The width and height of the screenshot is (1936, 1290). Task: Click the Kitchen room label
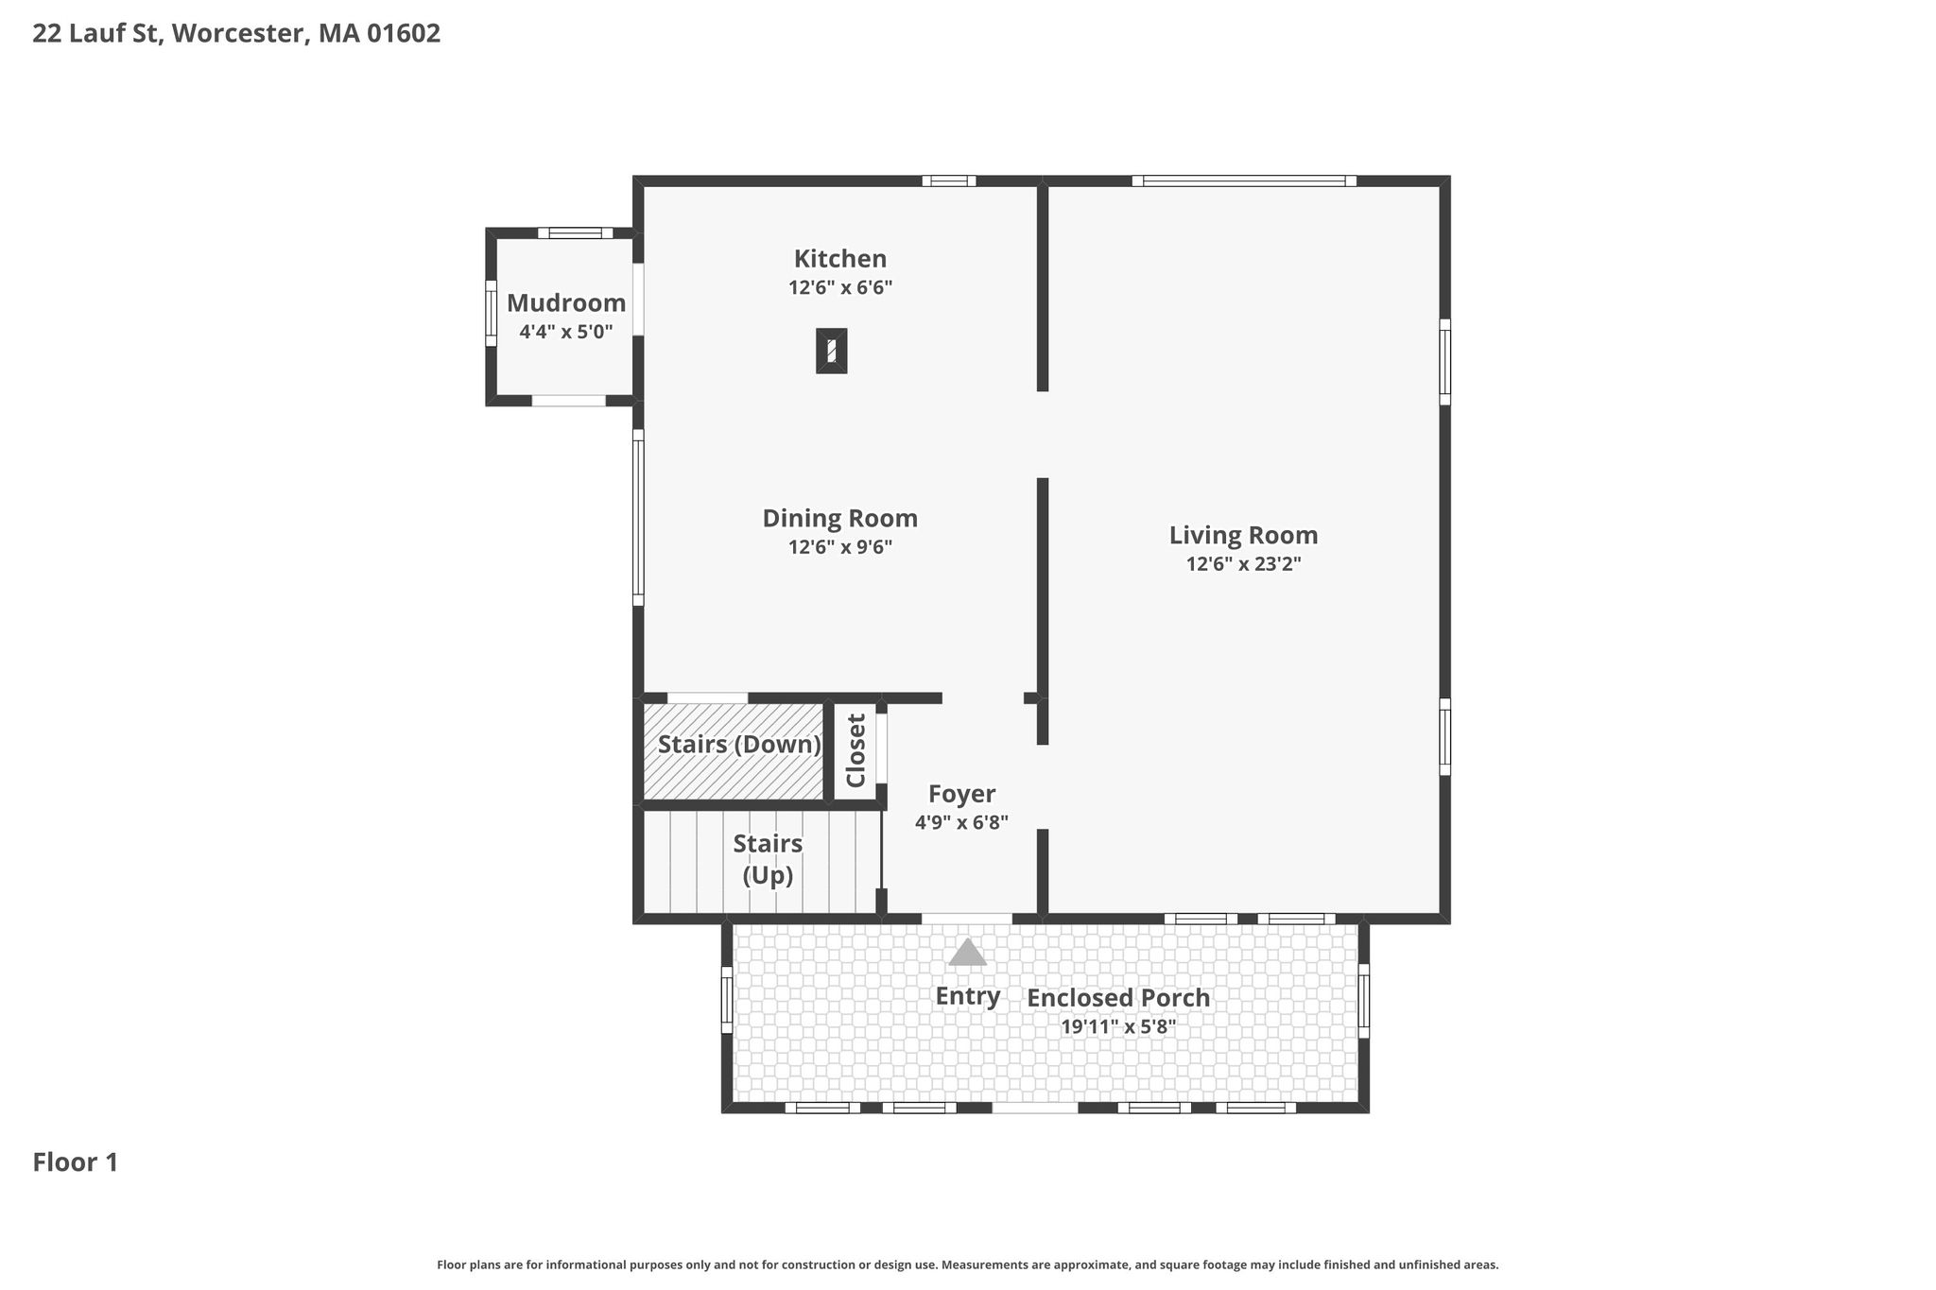pos(839,258)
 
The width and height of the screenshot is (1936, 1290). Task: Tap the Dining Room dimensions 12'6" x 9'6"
pos(840,547)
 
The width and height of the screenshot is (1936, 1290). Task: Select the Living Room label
pos(1243,536)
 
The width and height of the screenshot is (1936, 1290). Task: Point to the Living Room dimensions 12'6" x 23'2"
pos(1244,564)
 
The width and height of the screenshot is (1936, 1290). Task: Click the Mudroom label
pos(566,303)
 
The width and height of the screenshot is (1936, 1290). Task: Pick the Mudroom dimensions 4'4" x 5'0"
pos(566,332)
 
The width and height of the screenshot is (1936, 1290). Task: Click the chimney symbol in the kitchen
pos(832,351)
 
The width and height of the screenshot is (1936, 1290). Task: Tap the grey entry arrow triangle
pos(967,952)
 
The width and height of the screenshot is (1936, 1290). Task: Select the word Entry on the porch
pos(968,996)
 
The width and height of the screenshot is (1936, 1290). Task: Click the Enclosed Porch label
pos(1118,998)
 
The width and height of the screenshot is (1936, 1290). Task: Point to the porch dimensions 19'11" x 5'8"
pos(1118,1026)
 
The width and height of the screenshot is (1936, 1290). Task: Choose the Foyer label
pos(961,794)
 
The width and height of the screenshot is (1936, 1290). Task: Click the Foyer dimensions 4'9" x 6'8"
pos(961,822)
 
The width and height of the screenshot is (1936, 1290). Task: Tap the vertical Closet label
pos(856,750)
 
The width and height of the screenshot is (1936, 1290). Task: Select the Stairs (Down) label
pos(739,745)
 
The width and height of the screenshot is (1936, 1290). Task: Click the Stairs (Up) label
pos(768,859)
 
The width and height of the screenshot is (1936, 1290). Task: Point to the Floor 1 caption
pos(76,1162)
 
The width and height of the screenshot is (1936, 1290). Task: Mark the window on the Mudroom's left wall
pos(491,314)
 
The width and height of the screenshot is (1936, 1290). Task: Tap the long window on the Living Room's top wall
pos(1244,181)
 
